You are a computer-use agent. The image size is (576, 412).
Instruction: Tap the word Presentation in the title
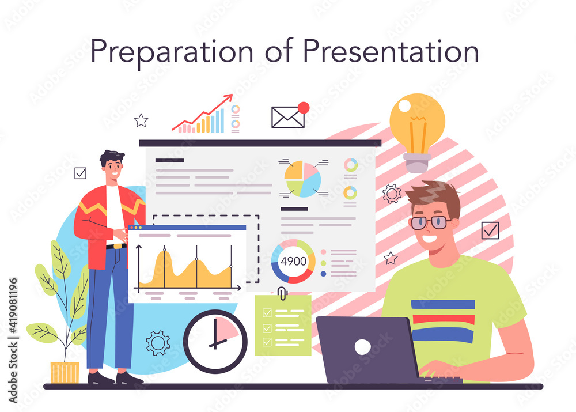tap(391, 51)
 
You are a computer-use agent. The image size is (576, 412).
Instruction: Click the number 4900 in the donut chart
tap(294, 261)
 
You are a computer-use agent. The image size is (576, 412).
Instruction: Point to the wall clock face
tap(215, 342)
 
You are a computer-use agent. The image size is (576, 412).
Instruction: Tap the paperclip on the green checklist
tap(282, 293)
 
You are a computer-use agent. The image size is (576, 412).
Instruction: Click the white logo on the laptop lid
tap(362, 347)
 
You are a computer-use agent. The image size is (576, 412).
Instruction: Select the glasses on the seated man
tap(430, 222)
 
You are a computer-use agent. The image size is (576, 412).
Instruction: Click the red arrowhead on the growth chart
tap(229, 98)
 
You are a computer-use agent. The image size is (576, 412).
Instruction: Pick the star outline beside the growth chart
tap(141, 120)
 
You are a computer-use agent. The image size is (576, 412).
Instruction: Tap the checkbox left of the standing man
tap(81, 173)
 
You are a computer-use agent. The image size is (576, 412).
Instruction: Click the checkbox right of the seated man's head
tap(490, 230)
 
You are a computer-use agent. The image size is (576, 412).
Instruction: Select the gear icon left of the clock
tap(158, 343)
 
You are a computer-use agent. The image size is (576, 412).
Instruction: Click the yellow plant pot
tap(65, 373)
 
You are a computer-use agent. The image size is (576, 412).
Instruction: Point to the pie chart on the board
tap(303, 179)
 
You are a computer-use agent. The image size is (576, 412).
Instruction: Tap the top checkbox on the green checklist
tap(267, 313)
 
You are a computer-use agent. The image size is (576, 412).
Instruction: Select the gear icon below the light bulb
tap(392, 194)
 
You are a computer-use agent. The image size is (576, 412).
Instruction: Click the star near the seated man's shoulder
tap(391, 258)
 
